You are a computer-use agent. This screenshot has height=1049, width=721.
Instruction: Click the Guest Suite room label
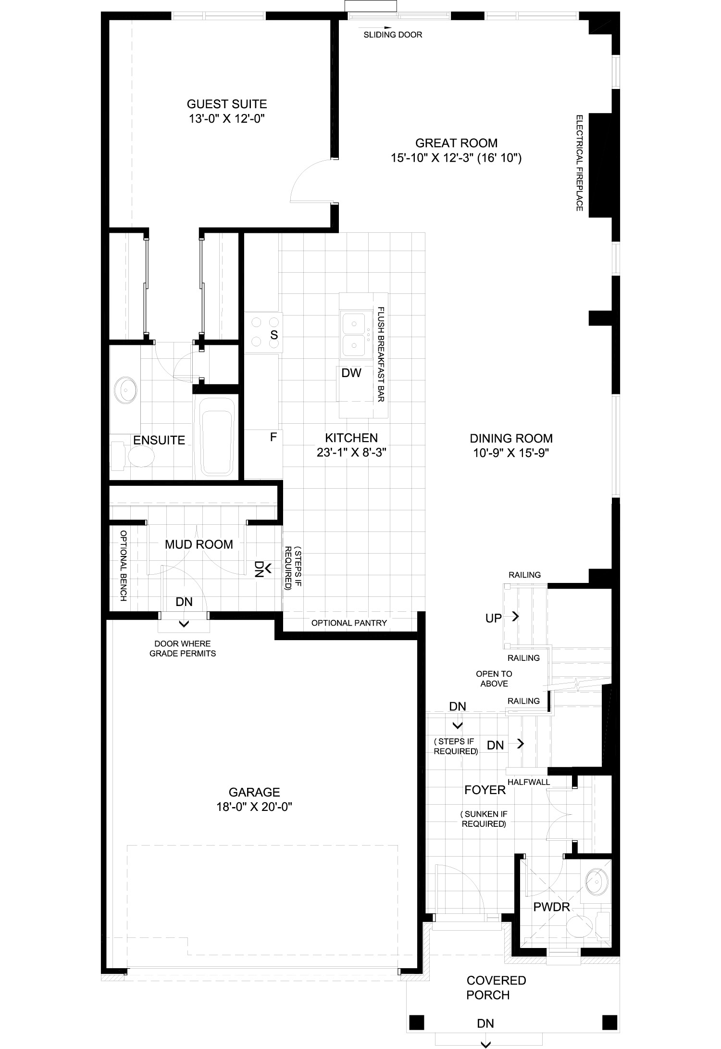click(227, 104)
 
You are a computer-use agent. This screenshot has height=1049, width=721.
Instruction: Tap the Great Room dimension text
click(456, 158)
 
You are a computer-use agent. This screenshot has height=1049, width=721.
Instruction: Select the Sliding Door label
click(393, 35)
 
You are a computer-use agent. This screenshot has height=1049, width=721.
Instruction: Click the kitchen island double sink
click(356, 334)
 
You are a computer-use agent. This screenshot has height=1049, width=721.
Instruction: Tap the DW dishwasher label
click(351, 373)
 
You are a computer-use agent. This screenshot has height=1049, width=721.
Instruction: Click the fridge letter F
click(273, 437)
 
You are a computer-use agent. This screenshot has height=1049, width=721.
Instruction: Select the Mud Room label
click(199, 544)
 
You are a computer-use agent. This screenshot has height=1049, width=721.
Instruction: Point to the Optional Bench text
click(123, 566)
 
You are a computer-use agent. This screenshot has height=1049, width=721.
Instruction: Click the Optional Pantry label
click(349, 623)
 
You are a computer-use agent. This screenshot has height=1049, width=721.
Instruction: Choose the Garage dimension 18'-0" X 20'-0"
click(254, 806)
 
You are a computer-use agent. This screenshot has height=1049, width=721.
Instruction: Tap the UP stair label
click(494, 619)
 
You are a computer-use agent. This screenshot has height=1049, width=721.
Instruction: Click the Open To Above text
click(494, 679)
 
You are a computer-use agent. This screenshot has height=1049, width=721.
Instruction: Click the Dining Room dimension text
click(511, 453)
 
